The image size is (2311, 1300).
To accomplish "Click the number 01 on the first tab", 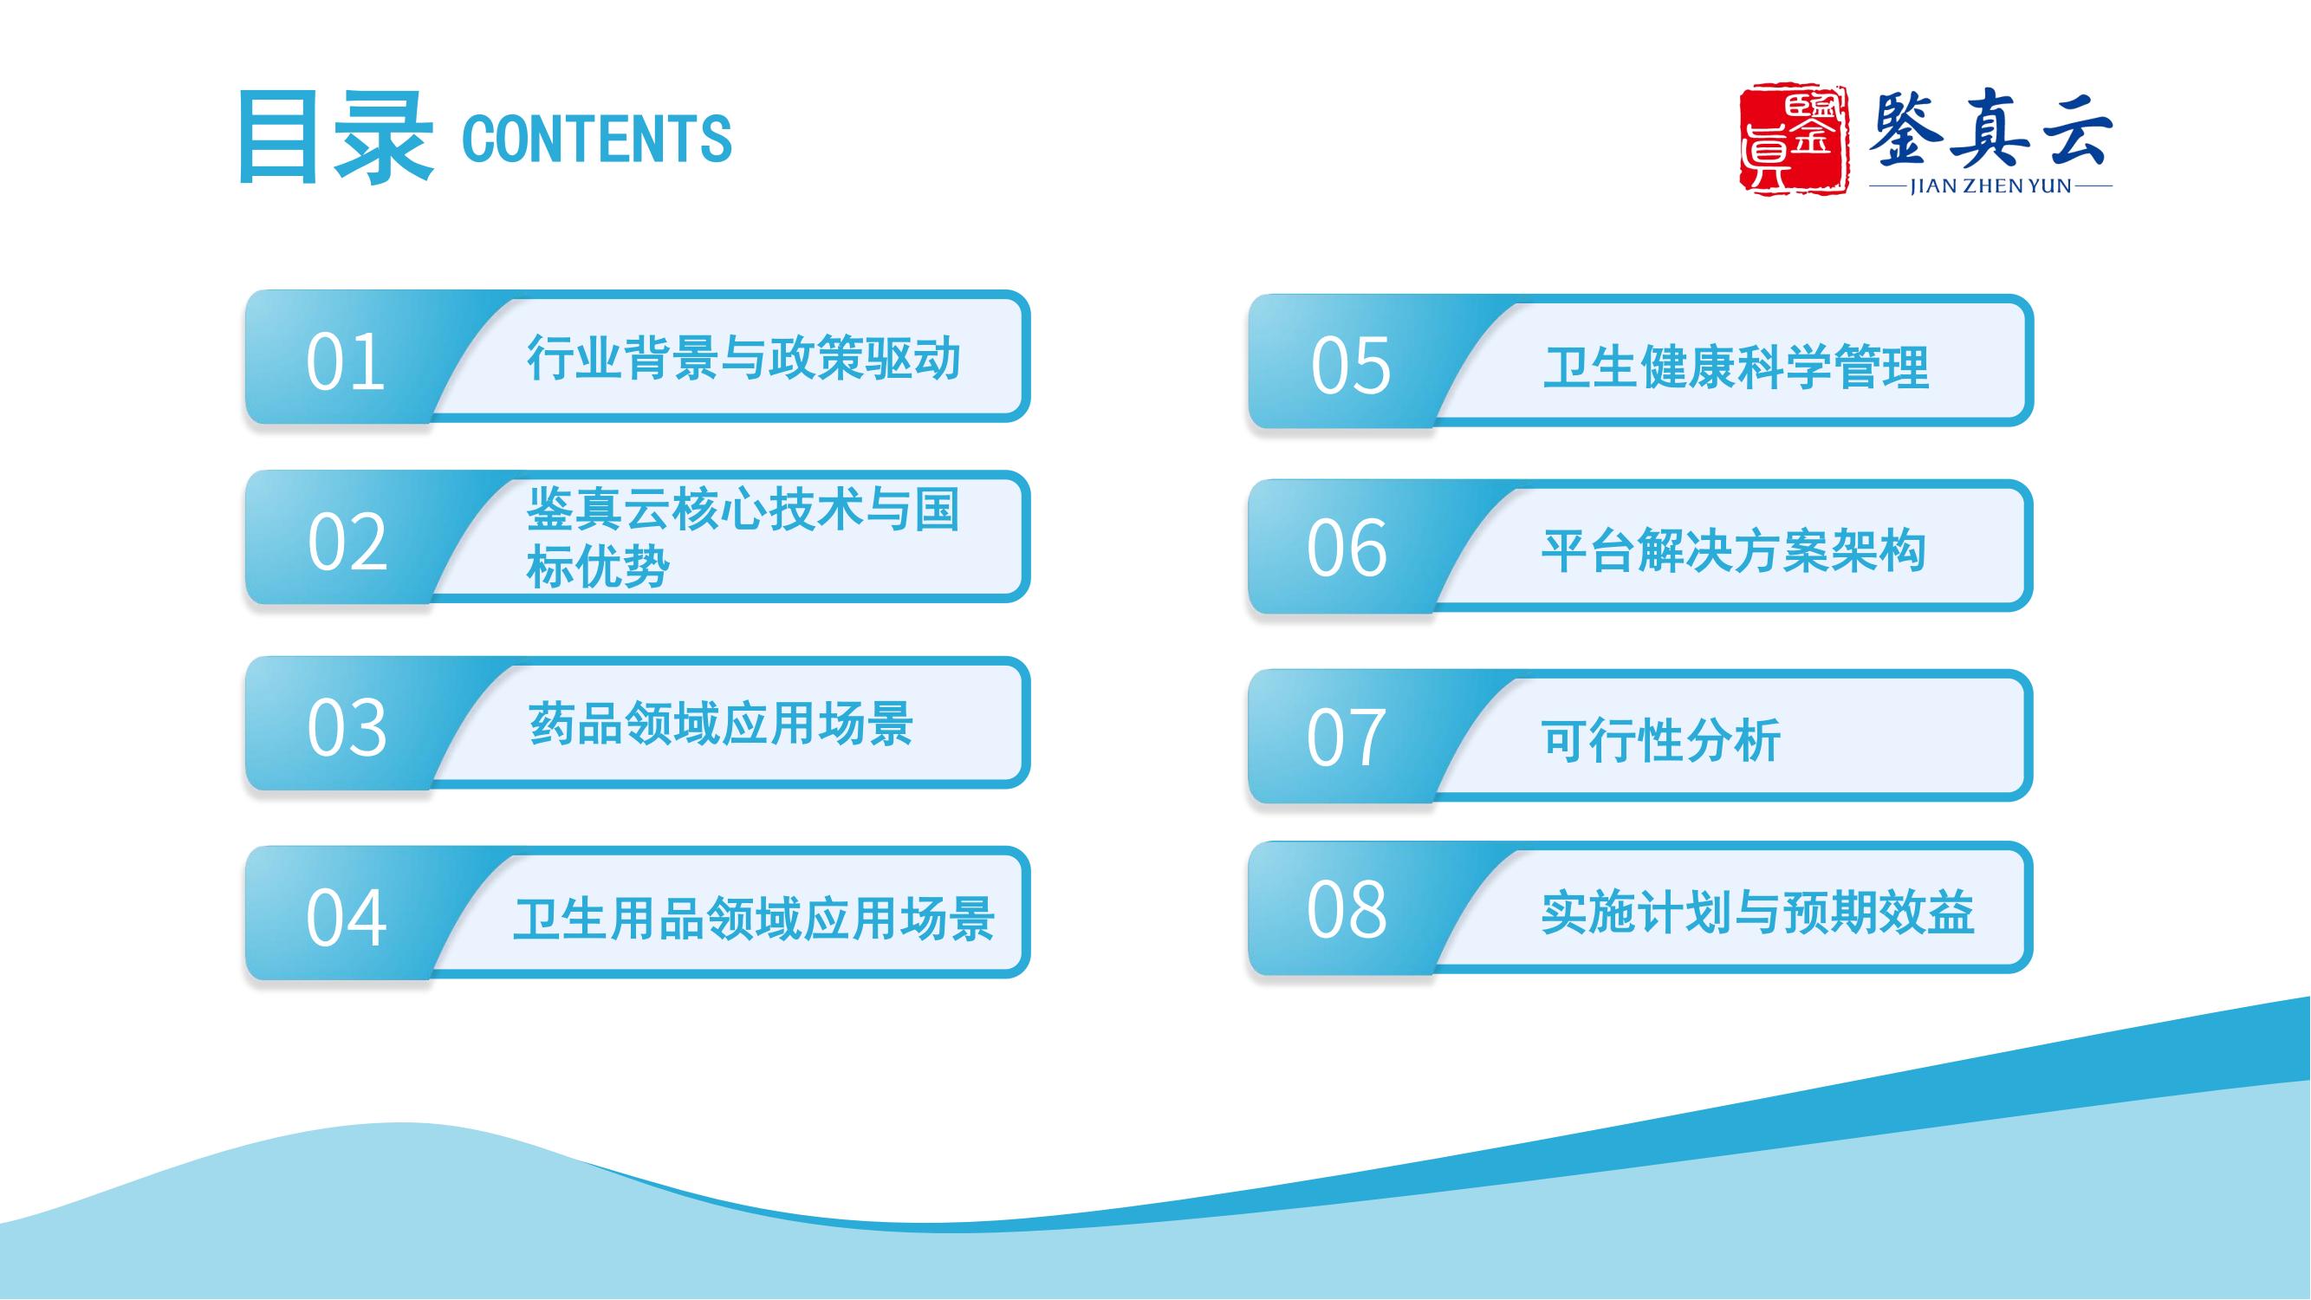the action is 346,362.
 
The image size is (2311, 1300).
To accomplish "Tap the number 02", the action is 347,542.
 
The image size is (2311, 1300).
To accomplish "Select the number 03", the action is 347,728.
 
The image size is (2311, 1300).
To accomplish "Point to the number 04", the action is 347,917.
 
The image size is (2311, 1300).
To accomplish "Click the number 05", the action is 1350,366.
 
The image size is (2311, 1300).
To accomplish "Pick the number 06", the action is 1347,549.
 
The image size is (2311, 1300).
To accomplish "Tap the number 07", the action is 1346,738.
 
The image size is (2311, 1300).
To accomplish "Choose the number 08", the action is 1346,909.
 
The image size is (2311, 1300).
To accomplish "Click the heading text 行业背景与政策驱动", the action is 743,358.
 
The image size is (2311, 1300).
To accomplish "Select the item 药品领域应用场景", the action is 720,723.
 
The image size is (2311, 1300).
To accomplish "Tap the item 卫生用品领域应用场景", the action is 754,919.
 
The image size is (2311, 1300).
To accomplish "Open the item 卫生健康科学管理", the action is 1735,367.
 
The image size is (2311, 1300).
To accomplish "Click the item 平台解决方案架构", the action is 1733,550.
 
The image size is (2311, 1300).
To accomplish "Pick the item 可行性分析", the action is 1660,740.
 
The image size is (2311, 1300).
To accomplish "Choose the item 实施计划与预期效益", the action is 1757,913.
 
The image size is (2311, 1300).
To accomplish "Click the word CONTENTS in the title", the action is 596,139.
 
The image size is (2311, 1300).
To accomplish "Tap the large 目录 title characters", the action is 335,138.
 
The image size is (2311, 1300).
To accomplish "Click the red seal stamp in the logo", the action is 1794,138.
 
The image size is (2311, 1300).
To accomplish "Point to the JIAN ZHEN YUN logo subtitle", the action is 1990,186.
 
